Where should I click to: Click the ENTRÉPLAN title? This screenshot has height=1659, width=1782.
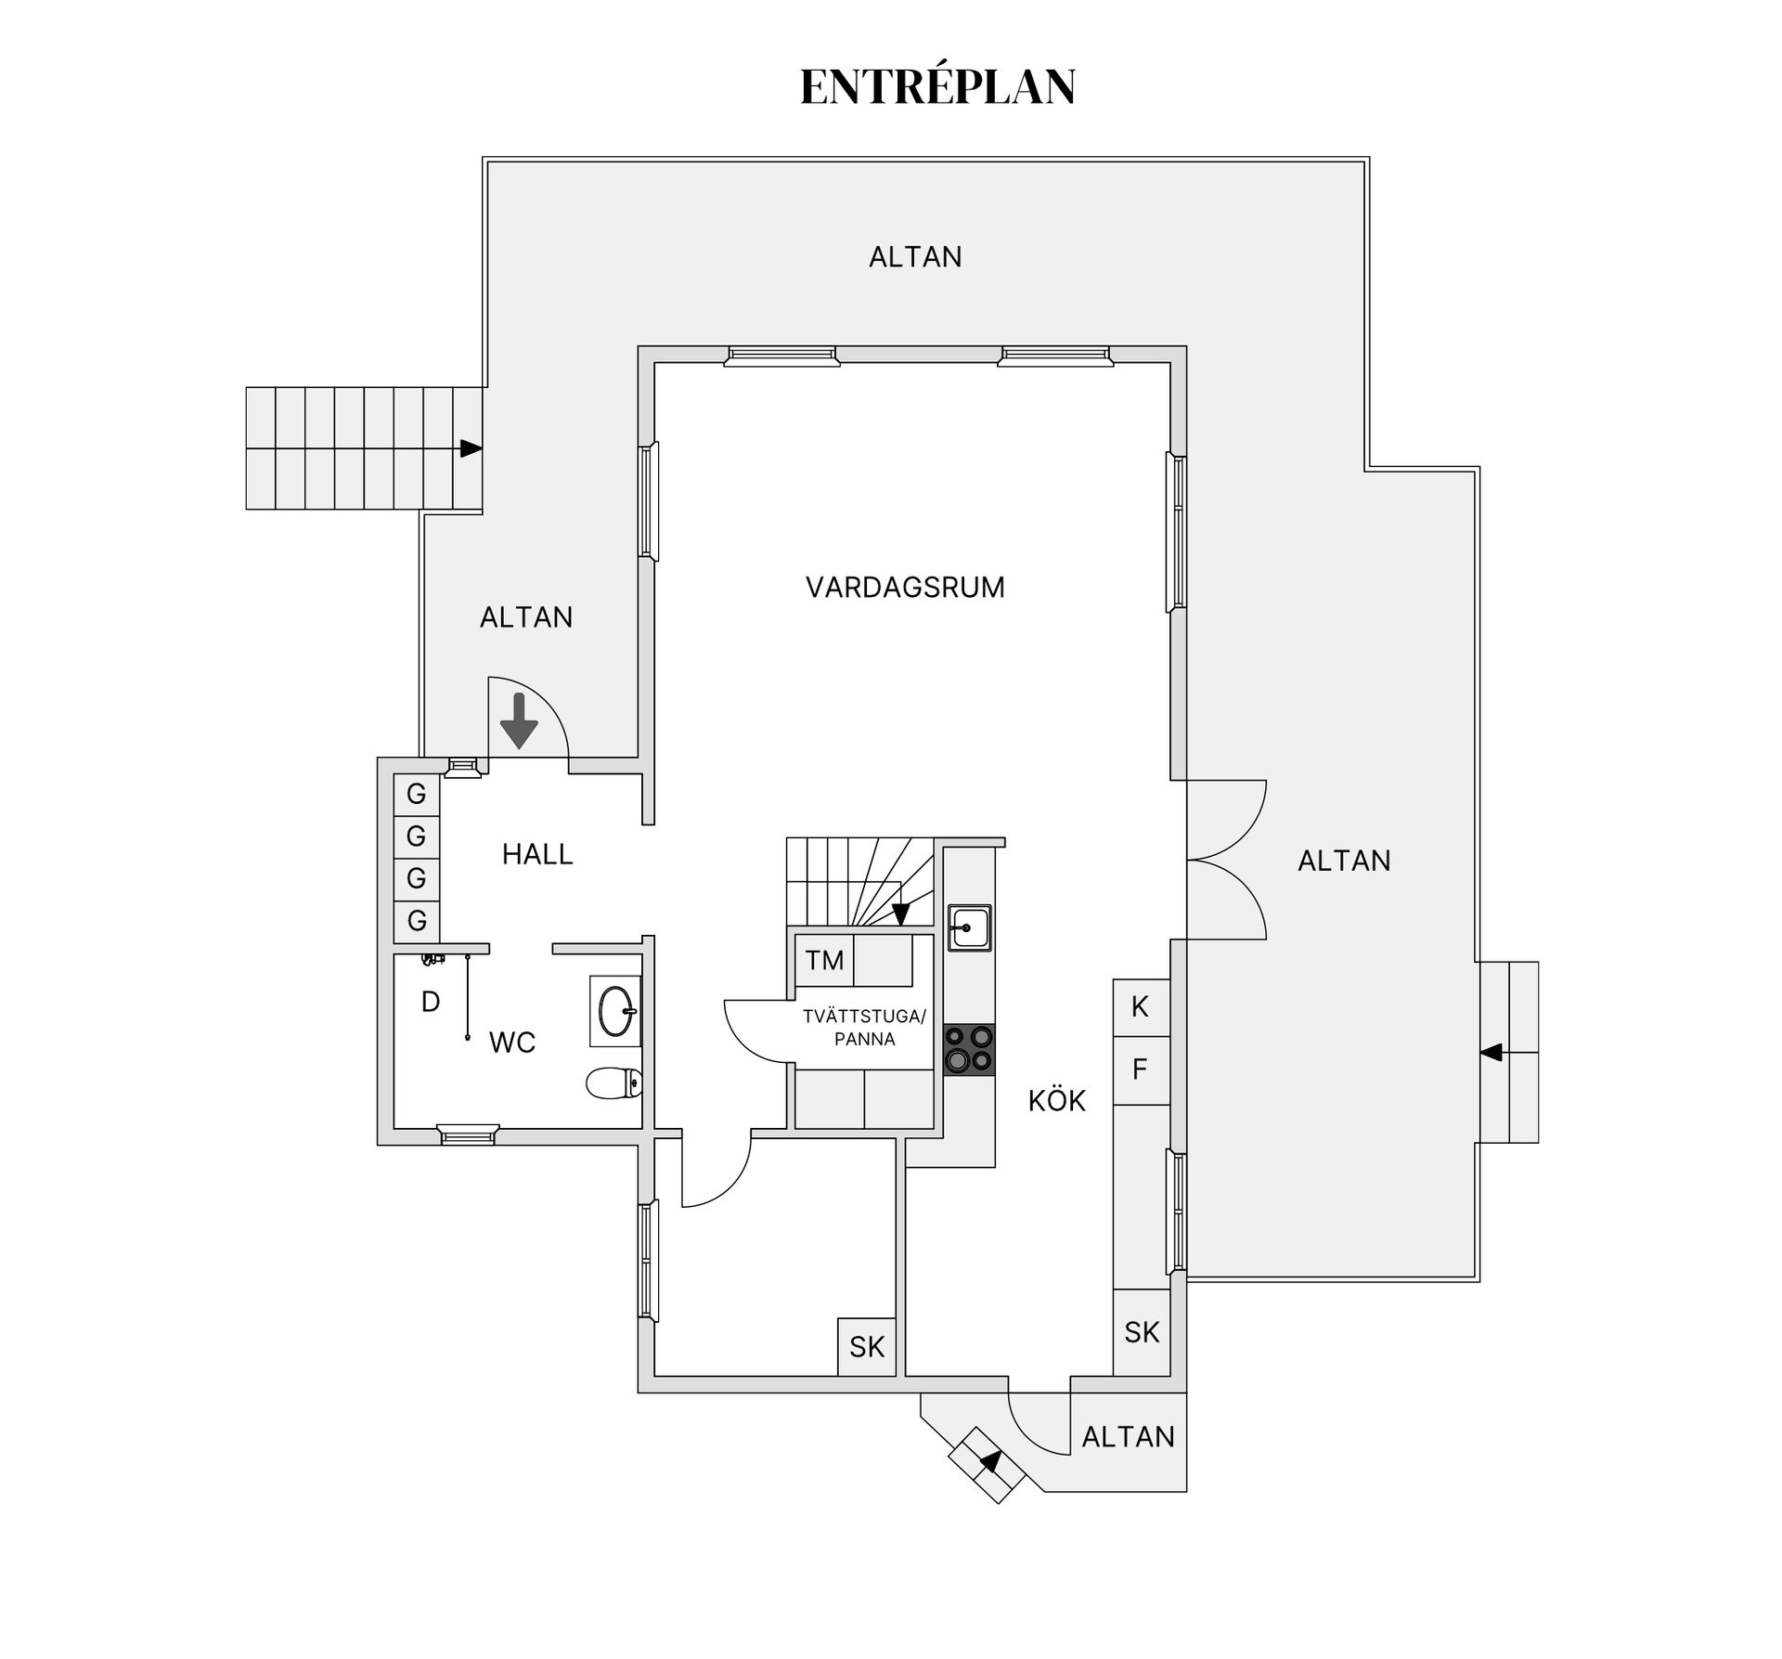[x=937, y=86]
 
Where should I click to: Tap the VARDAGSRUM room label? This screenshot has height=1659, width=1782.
[x=905, y=588]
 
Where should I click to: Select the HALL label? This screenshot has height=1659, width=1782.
[x=537, y=854]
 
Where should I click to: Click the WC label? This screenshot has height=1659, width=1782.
[x=512, y=1043]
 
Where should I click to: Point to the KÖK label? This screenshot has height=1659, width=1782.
[x=1056, y=1100]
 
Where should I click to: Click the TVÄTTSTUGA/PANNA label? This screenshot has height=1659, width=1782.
[x=864, y=1028]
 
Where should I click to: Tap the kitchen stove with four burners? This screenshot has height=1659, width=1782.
[x=969, y=1049]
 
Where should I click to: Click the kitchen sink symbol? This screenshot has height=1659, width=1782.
[x=969, y=927]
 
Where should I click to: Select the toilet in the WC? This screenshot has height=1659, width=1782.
[x=614, y=1082]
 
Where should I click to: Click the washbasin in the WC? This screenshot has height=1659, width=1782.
[x=615, y=1010]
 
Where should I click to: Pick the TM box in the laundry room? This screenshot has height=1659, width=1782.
[x=824, y=960]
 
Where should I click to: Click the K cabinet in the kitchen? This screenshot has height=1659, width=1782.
[x=1141, y=1007]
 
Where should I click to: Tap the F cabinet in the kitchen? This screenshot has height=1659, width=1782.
[x=1141, y=1069]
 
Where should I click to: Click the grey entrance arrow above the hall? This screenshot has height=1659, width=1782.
[x=519, y=720]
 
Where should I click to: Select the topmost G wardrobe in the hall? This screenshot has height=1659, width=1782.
[x=417, y=794]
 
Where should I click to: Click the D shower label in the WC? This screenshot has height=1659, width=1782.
[x=431, y=1002]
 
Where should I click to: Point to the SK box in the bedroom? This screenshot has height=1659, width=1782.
[x=867, y=1347]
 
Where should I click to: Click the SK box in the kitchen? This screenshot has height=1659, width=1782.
[x=1142, y=1332]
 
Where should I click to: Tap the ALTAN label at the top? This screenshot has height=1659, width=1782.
[x=915, y=257]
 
